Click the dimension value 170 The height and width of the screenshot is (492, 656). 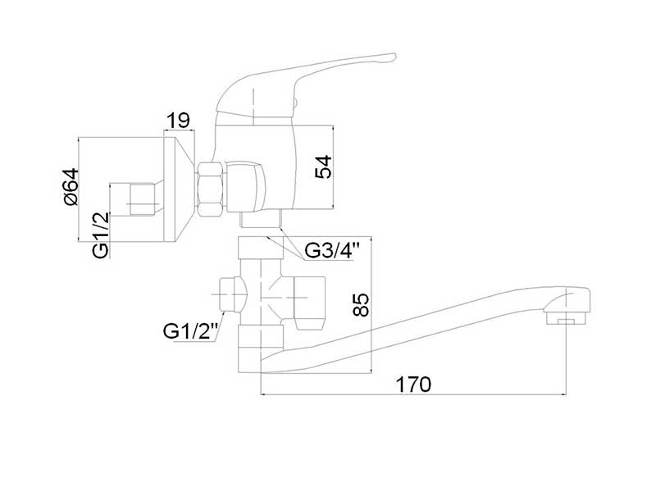[x=412, y=383]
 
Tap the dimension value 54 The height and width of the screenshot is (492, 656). [x=325, y=167]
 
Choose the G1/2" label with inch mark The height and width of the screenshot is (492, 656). [x=190, y=331]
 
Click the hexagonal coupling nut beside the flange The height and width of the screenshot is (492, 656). [x=210, y=188]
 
